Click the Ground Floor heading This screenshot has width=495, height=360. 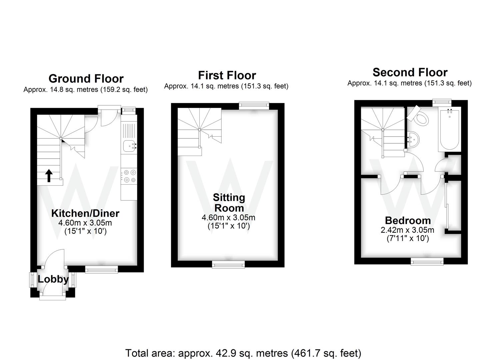pos(86,79)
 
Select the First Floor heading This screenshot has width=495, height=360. pos(227,75)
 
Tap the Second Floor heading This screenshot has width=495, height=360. pos(410,72)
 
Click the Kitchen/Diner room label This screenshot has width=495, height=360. pos(85,213)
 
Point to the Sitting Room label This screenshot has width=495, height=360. pos(229,203)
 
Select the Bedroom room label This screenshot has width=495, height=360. pos(408,220)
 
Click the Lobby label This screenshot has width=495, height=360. pos(53,279)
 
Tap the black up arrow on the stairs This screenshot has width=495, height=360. pos(49,176)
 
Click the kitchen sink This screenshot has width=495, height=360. pos(129,146)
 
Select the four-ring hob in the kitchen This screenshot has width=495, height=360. pos(129,176)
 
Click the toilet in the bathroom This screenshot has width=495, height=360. pos(420,116)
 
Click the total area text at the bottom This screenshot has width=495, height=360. pos(243,353)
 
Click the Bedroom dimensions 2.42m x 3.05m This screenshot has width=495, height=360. pos(407,230)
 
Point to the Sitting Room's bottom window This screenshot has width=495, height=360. pos(229,265)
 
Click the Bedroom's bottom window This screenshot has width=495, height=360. pos(427,262)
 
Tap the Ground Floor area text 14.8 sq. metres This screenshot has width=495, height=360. pos(85,90)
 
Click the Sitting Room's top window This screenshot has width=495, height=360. pos(254,106)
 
